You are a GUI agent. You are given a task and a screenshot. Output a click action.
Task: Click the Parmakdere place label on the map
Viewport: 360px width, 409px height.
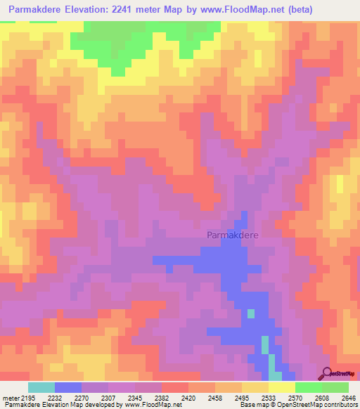coord(232,236)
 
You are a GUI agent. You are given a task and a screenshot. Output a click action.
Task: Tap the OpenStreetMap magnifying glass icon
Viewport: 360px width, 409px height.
coord(328,372)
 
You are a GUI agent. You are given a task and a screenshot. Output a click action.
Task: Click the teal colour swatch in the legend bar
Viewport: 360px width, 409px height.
coord(41,387)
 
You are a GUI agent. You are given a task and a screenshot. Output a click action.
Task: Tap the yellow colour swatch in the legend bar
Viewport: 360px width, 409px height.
coord(282,387)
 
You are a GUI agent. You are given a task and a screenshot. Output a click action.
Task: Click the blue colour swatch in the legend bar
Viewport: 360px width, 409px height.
coord(68,387)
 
